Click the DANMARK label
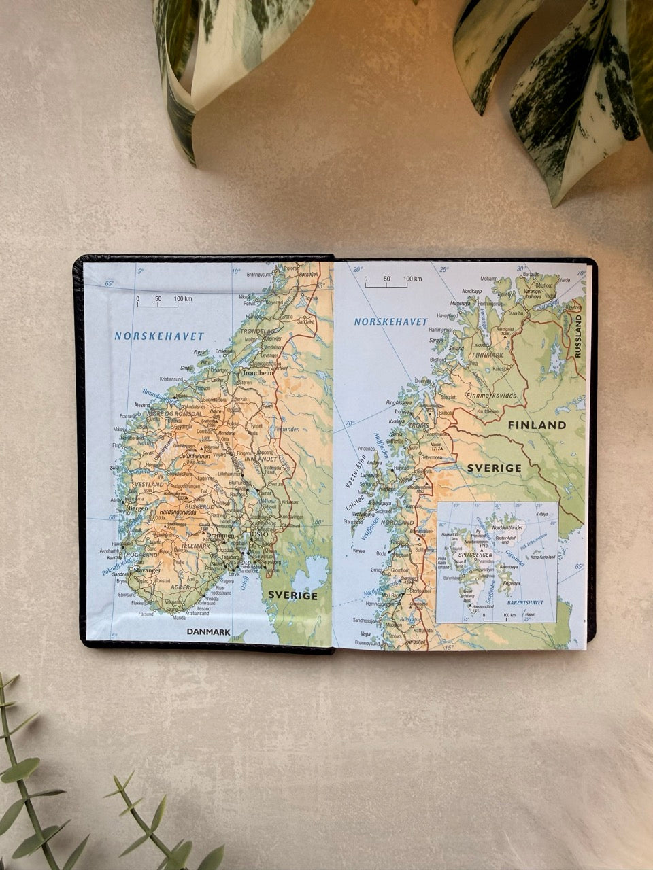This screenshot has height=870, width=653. click(208, 632)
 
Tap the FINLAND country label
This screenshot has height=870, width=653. click(537, 425)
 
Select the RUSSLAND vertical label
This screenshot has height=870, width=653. click(579, 336)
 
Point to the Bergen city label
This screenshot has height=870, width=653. click(137, 508)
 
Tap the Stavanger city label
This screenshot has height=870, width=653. click(147, 571)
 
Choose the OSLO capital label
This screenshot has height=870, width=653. click(261, 534)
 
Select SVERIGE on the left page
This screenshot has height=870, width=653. click(292, 595)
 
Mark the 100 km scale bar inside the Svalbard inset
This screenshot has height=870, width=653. click(495, 618)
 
